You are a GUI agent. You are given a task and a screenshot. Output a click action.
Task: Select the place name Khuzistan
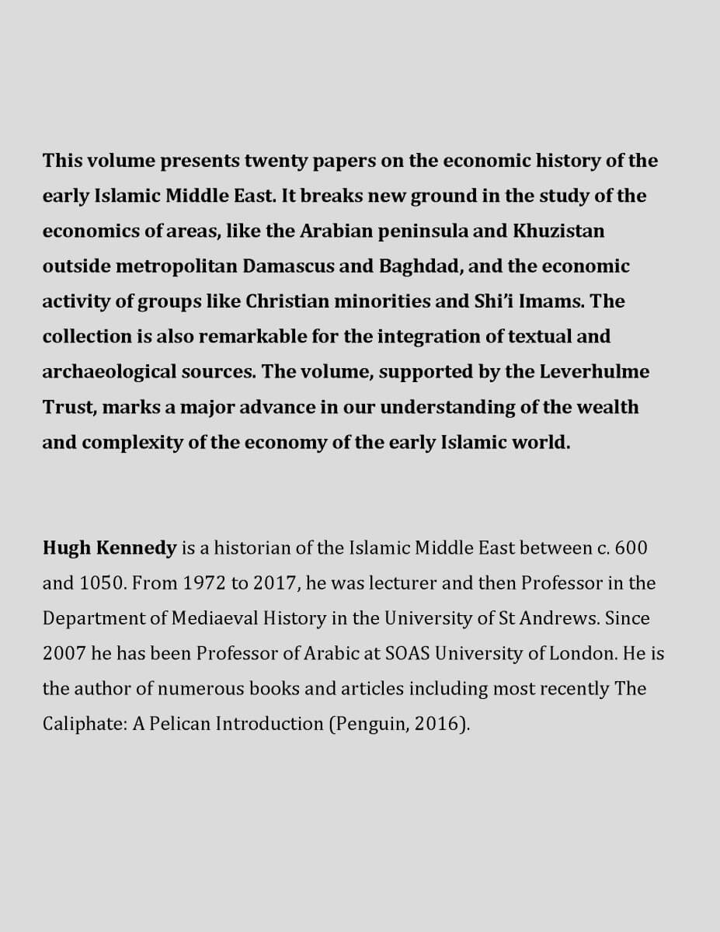558,231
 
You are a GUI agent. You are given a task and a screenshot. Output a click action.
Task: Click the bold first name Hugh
67,548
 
